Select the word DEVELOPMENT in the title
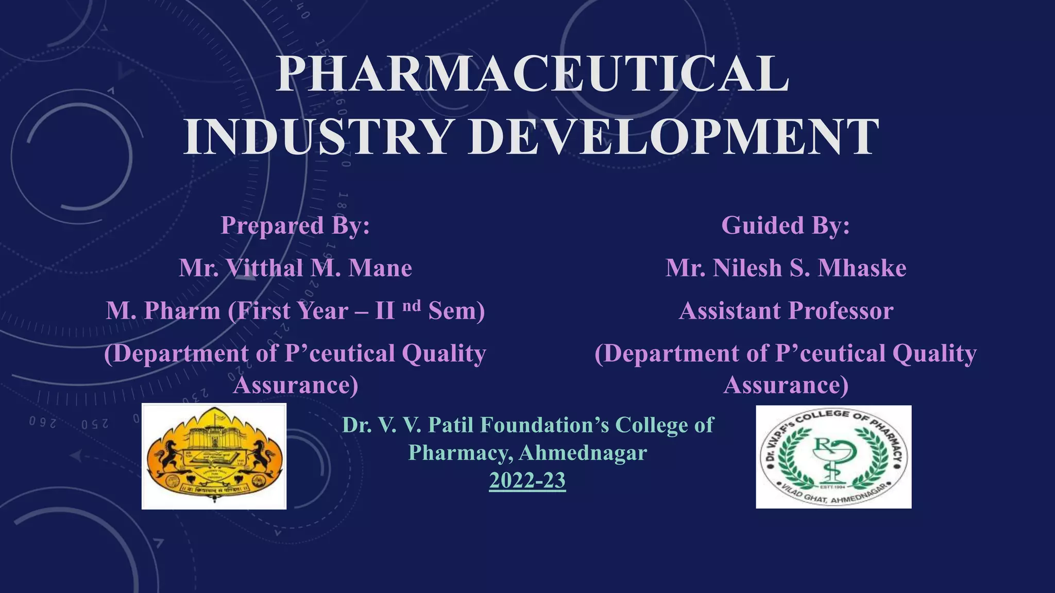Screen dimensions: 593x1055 673,136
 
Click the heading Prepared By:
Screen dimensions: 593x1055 295,225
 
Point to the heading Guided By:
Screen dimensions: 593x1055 786,225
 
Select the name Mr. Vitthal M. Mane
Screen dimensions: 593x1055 295,268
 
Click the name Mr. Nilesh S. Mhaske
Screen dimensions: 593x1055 786,268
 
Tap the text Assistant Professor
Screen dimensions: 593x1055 786,311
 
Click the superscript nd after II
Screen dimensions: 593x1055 411,306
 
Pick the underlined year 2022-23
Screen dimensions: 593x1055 527,480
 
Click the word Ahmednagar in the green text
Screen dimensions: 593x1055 583,453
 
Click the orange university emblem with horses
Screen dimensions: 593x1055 214,456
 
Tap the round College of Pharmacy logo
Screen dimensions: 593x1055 833,457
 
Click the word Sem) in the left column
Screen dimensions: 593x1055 456,311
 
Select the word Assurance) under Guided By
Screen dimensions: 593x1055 786,385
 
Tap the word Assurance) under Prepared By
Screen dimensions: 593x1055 295,385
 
